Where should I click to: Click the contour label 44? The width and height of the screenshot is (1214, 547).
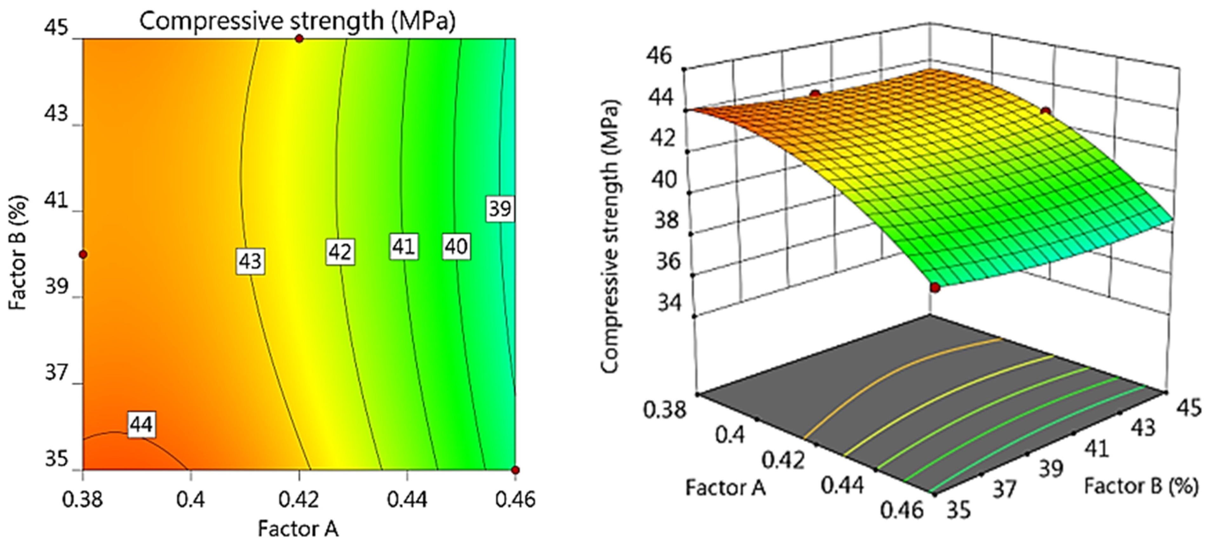tap(141, 425)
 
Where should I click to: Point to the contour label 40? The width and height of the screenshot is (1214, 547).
tap(456, 246)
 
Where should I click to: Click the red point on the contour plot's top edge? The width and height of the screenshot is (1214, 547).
tap(299, 39)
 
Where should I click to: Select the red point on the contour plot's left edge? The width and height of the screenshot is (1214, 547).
tap(84, 255)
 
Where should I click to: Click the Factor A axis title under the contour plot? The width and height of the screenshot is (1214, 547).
tap(298, 529)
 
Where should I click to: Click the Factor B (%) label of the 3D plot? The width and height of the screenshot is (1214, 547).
tap(1140, 486)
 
